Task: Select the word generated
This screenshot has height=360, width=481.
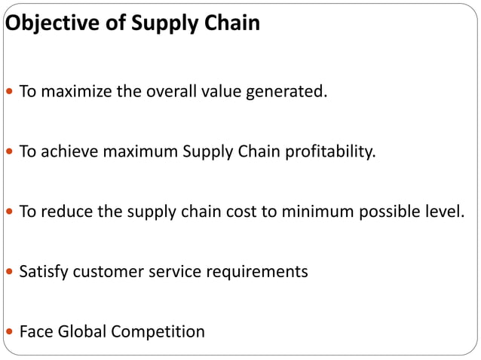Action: (x=290, y=93)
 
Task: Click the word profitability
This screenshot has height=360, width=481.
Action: (x=327, y=152)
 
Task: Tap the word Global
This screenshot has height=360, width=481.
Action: (x=81, y=331)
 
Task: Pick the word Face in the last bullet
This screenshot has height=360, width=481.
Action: (x=34, y=331)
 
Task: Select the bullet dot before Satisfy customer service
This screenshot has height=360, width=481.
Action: (x=9, y=272)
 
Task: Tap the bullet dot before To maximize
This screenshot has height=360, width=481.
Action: (x=9, y=93)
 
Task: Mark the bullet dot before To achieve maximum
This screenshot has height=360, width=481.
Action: (x=9, y=153)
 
